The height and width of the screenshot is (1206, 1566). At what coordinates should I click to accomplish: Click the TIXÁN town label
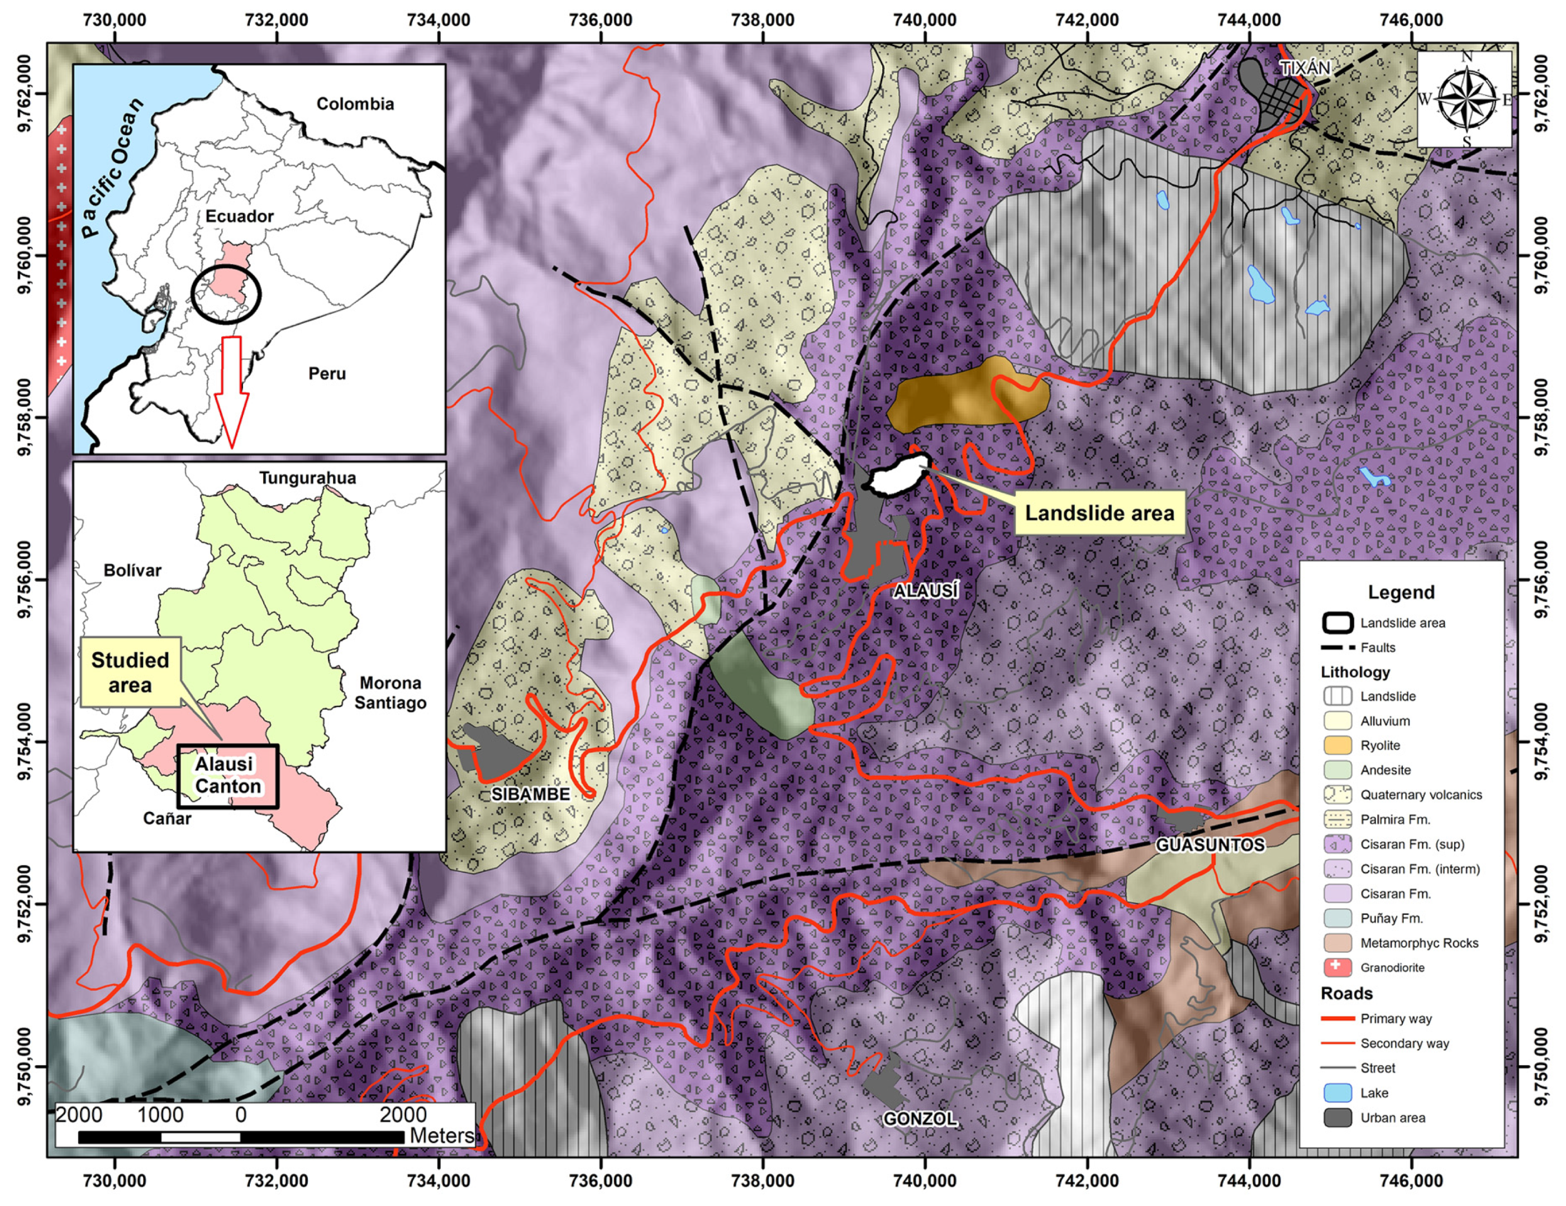(x=1305, y=68)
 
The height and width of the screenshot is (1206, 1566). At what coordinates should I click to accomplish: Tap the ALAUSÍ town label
(x=925, y=591)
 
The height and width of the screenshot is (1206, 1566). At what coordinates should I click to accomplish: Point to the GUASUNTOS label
(x=1210, y=844)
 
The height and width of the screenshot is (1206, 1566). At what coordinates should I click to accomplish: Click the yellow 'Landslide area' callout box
(x=1098, y=513)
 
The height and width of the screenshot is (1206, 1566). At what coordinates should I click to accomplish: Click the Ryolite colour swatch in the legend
(x=1337, y=746)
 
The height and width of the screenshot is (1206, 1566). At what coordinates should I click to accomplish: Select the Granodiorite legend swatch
(x=1337, y=967)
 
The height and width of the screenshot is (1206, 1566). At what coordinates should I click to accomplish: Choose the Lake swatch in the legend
(x=1337, y=1093)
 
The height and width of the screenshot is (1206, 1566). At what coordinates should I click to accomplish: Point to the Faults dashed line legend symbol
(x=1337, y=647)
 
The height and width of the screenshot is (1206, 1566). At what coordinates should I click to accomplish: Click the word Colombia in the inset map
(x=355, y=104)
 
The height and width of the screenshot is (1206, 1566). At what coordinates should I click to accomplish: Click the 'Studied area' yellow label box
(x=130, y=672)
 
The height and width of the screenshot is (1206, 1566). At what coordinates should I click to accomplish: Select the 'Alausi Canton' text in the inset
(x=227, y=775)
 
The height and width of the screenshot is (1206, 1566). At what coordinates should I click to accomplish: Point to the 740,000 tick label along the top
(x=924, y=20)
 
